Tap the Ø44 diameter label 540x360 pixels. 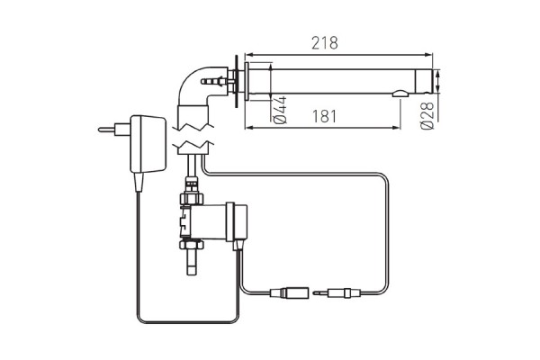280,109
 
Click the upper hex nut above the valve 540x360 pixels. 190,193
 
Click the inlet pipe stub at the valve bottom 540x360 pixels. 190,263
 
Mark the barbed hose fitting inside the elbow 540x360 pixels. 213,82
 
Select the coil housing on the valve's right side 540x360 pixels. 239,222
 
